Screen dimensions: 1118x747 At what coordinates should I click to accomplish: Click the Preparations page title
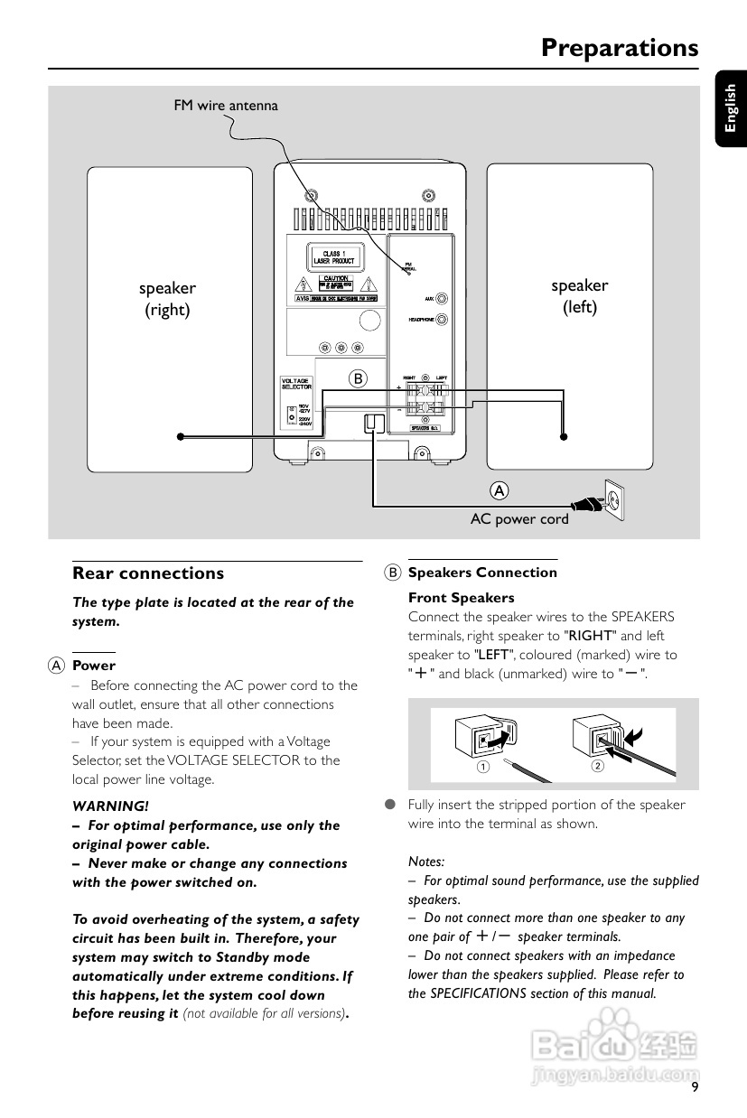pos(620,48)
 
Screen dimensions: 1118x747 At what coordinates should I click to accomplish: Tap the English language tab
pos(730,107)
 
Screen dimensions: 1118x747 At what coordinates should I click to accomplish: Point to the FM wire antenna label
pos(226,106)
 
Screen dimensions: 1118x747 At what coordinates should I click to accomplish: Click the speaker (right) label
pos(167,299)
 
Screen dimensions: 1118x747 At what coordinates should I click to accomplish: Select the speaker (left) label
pos(579,296)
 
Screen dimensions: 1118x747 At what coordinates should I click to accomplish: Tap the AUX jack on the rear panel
pos(442,298)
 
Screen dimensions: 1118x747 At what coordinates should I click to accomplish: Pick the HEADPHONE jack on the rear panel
pos(442,320)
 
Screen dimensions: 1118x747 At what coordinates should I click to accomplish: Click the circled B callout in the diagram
pos(358,378)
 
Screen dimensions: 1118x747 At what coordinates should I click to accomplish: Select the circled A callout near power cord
pos(499,490)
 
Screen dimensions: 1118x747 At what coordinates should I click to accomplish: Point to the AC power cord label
pos(519,519)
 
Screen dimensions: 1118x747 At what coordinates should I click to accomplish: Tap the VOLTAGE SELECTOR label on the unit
pos(296,384)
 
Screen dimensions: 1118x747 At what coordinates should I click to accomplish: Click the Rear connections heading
pos(148,573)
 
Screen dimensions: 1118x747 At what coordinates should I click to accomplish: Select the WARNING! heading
pos(110,806)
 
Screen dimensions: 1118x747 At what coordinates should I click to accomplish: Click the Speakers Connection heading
pos(482,573)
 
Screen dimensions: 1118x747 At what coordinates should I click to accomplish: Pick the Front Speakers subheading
pos(461,598)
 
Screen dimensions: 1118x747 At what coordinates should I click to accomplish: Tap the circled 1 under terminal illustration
pos(483,767)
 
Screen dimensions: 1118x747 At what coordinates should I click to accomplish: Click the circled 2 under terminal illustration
pos(597,766)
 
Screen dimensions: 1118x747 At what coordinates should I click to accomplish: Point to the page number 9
pos(695,1086)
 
